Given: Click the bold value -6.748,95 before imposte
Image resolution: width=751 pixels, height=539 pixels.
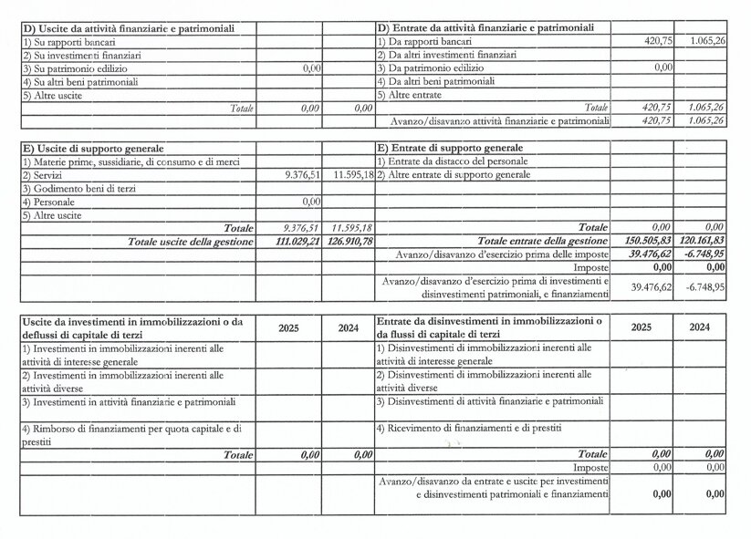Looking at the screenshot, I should [x=705, y=254].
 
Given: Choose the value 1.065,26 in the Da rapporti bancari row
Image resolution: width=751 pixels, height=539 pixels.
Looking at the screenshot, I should [x=707, y=42].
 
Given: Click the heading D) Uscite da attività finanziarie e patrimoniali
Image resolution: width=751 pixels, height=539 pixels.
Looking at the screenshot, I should [x=129, y=28].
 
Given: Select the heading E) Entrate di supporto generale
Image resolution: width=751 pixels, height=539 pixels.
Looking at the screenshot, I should [x=451, y=148].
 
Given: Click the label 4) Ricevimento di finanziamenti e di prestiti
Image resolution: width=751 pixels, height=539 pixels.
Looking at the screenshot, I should [x=469, y=428].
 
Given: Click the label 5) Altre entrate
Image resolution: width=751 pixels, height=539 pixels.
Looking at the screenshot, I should [x=412, y=95].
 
